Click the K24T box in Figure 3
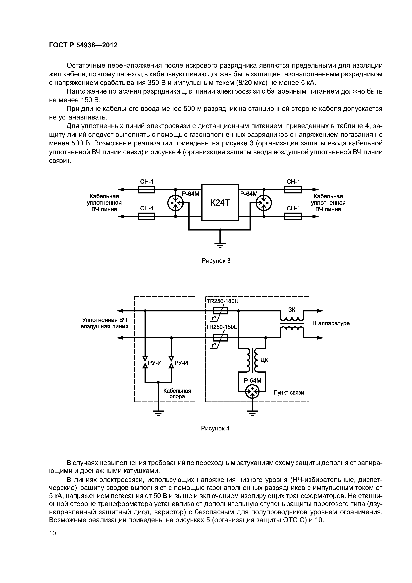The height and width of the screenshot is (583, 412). (220, 203)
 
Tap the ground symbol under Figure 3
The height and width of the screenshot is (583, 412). (220, 244)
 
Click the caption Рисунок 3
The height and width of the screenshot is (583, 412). (216, 261)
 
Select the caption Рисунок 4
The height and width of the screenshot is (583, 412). (215, 429)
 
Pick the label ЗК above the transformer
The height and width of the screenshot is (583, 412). (292, 309)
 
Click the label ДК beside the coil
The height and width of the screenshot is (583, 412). (264, 360)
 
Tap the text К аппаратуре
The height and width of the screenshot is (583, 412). (331, 323)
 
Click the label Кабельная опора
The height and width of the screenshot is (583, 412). (177, 394)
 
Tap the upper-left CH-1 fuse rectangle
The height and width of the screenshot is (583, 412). (147, 189)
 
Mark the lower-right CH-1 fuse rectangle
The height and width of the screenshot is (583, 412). (293, 217)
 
